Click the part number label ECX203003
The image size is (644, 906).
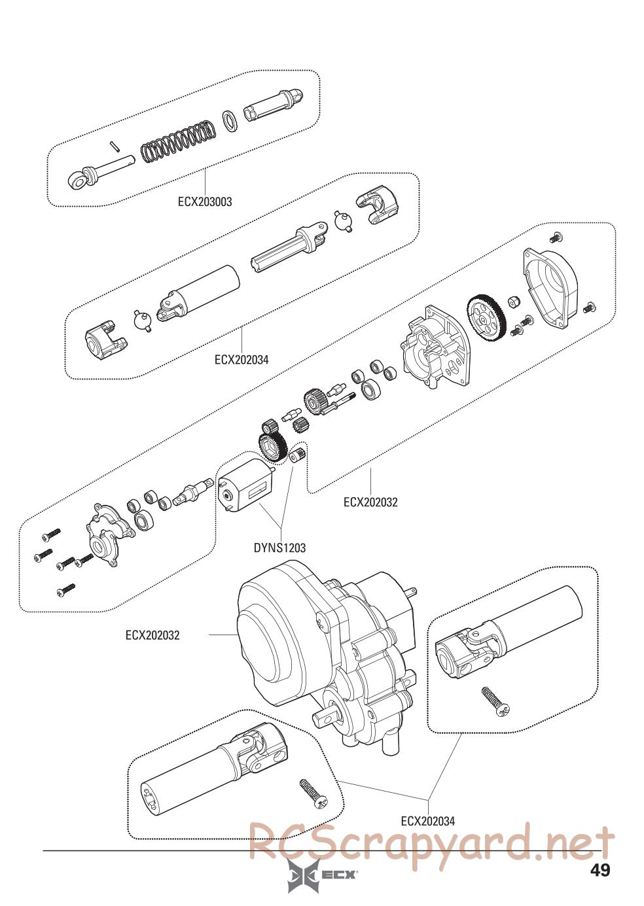click(205, 202)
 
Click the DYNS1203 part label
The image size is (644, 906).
click(279, 548)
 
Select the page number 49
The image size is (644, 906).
click(600, 867)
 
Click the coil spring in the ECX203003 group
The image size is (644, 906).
click(178, 141)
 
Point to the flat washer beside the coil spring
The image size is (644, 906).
click(230, 120)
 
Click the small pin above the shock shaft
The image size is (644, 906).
click(114, 146)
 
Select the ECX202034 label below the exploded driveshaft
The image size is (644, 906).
click(241, 360)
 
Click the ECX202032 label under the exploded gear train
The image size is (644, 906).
click(371, 502)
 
